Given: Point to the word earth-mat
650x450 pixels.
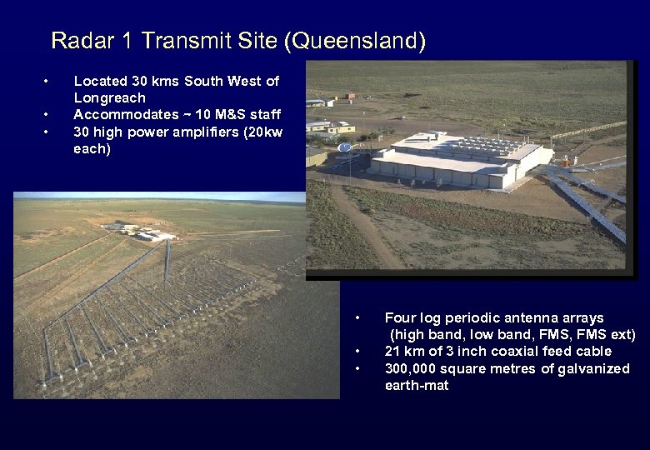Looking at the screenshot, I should coord(417,385).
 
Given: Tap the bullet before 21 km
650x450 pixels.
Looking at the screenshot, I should coord(357,352).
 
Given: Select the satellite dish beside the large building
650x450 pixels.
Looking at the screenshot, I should coord(344,148).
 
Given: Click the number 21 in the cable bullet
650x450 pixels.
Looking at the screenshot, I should coord(392,352).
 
